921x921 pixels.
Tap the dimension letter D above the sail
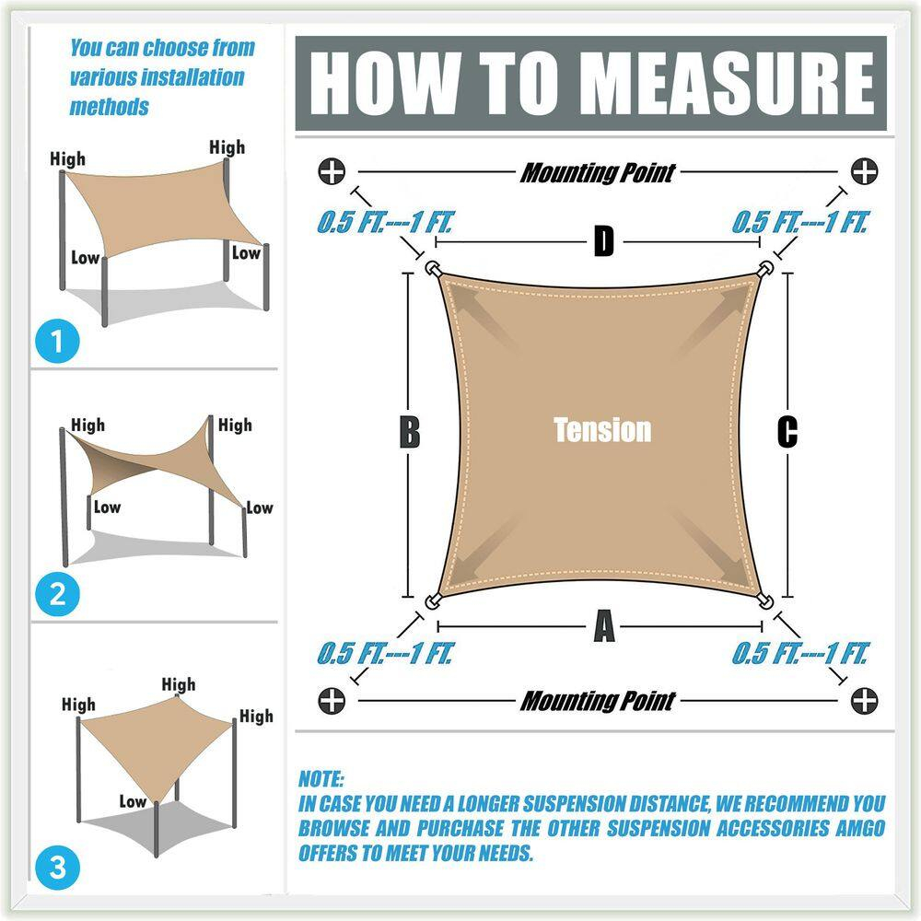(x=603, y=242)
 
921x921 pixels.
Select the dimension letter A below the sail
(x=603, y=628)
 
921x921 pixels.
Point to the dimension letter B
(x=410, y=432)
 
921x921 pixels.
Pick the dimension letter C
(x=787, y=432)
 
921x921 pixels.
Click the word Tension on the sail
(x=602, y=429)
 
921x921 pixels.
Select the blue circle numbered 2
(x=58, y=593)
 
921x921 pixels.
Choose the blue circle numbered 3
(x=58, y=867)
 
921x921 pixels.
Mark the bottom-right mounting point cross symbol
(x=864, y=701)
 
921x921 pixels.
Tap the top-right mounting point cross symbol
(x=864, y=171)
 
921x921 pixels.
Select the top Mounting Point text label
(x=598, y=172)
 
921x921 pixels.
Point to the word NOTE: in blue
(x=321, y=778)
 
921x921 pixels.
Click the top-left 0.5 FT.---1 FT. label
(x=386, y=223)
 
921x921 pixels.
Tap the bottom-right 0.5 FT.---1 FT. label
(x=800, y=654)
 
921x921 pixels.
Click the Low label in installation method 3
(x=133, y=801)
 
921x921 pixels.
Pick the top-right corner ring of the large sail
(x=764, y=268)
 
